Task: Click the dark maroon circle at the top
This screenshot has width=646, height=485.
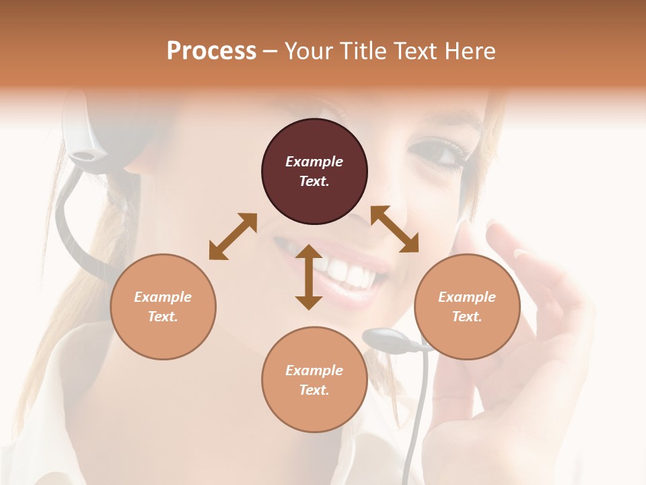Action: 314,171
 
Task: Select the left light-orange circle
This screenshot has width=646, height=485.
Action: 163,306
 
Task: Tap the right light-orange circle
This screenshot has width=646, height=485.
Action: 467,306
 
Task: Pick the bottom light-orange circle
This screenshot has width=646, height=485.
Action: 314,380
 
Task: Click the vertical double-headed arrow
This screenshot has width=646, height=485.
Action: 309,277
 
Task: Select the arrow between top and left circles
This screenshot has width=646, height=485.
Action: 233,236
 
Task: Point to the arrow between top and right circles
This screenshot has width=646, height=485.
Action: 394,229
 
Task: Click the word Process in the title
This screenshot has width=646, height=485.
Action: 211,51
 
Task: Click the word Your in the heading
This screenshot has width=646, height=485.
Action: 311,51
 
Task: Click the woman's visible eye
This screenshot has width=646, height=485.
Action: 436,152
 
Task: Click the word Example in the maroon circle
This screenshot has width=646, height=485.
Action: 314,162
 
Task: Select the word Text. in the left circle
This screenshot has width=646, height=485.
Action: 163,317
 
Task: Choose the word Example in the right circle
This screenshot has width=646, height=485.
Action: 467,297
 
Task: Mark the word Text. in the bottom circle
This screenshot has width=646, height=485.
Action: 314,390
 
